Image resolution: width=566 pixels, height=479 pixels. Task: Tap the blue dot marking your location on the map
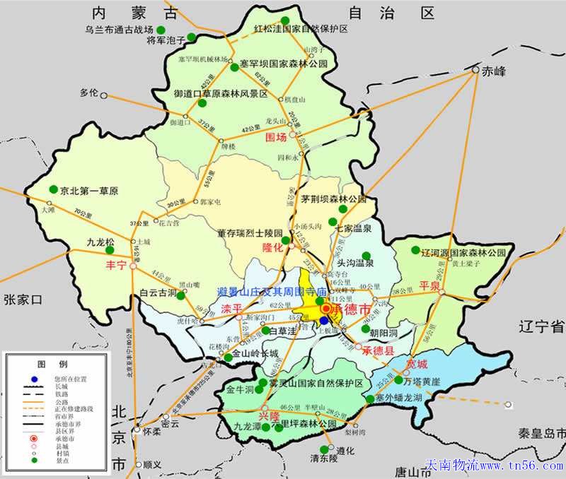(324, 320)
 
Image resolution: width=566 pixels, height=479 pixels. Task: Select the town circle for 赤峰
(475, 71)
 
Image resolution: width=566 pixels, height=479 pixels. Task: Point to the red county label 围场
(276, 136)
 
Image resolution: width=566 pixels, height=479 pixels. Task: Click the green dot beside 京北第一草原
(54, 189)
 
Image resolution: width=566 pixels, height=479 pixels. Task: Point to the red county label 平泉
(429, 285)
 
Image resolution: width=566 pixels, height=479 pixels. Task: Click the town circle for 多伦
(103, 94)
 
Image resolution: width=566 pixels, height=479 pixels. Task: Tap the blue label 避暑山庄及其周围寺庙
(272, 291)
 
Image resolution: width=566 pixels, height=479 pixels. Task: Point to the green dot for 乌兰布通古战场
(161, 30)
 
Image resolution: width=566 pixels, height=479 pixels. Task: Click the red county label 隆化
(272, 247)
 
